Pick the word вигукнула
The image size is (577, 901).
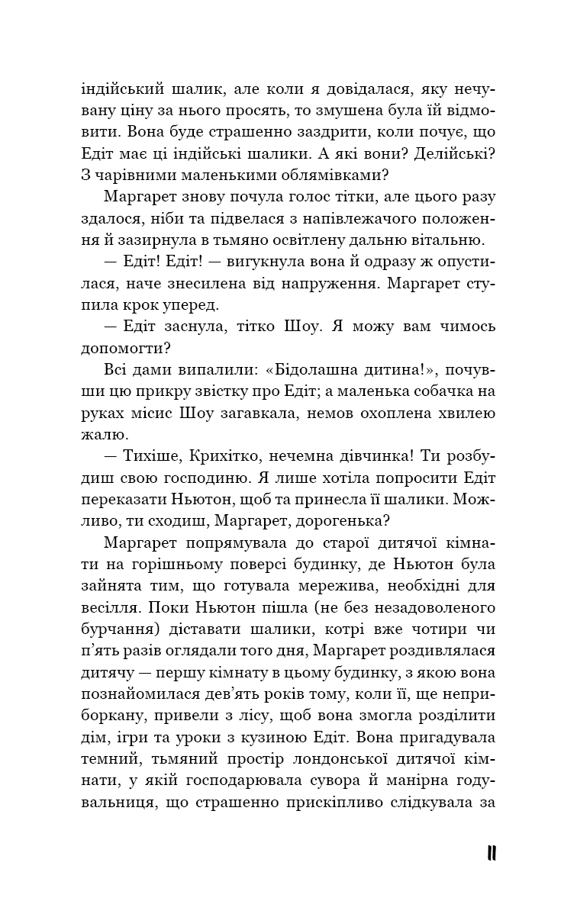click(x=227, y=262)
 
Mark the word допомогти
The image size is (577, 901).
click(x=121, y=349)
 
